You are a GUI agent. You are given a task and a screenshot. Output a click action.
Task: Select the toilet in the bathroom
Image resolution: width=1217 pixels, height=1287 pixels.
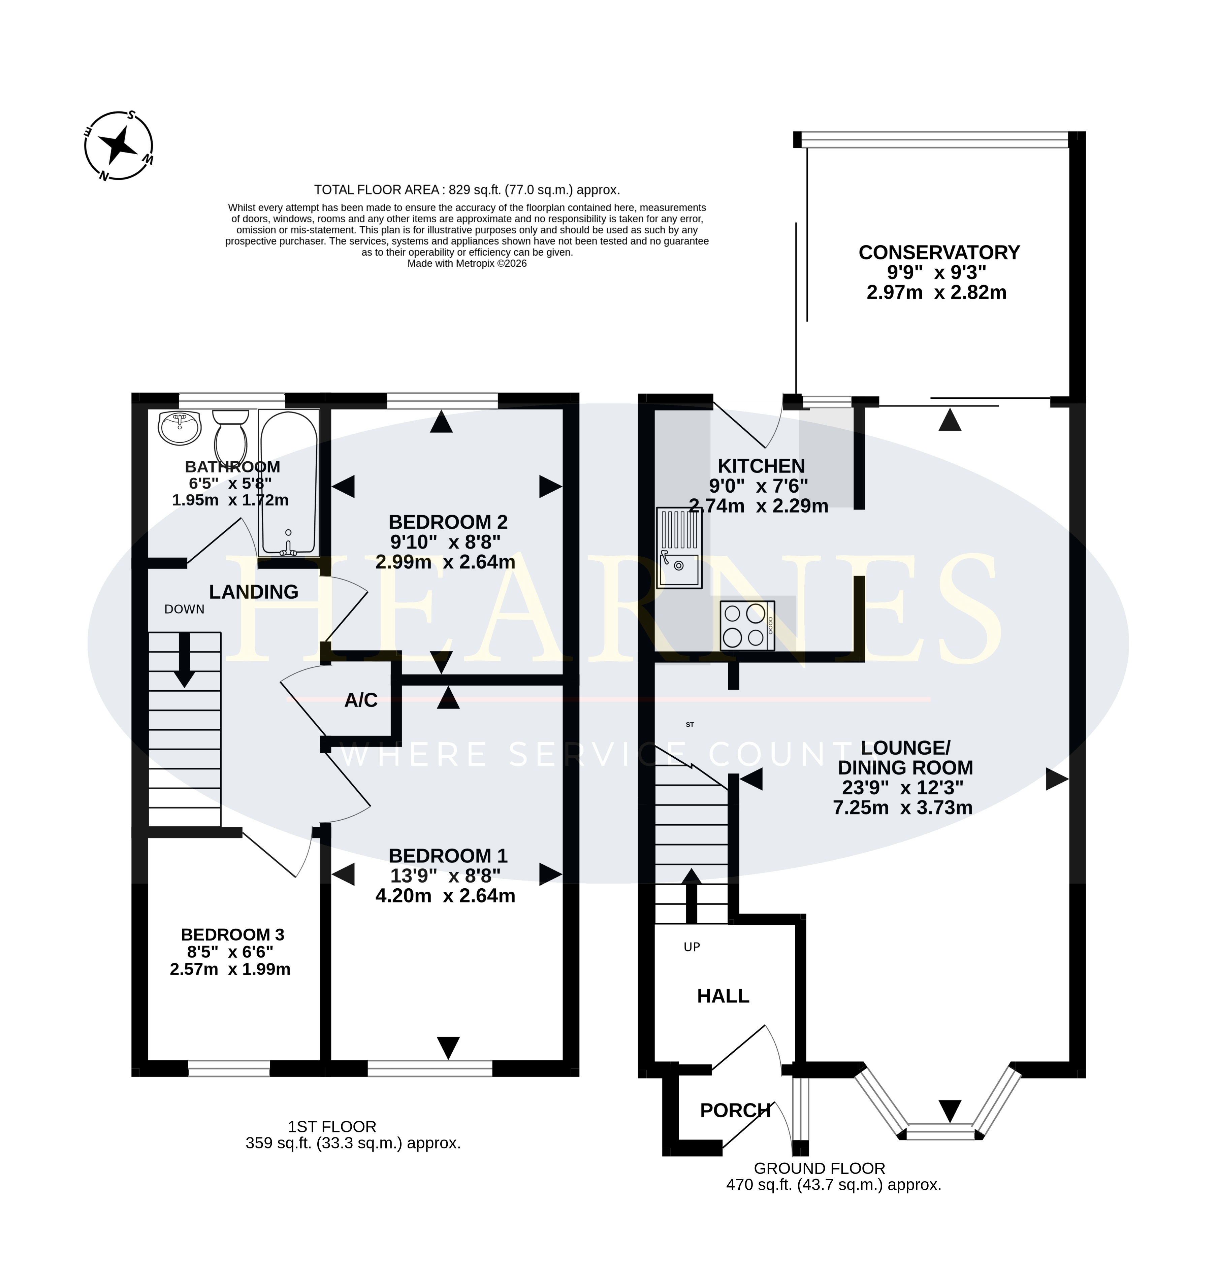point(230,435)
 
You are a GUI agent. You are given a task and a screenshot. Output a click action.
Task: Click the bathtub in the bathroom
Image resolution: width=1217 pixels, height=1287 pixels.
point(289,483)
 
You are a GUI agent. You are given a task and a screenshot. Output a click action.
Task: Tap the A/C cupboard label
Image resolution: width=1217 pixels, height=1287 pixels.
point(361,700)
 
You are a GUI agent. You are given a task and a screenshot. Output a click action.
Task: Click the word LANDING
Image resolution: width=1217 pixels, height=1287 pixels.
point(254,592)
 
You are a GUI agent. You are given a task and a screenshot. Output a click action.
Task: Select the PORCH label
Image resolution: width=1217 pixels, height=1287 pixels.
point(735,1111)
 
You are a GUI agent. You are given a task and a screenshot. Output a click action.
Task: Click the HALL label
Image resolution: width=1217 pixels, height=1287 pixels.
point(723,996)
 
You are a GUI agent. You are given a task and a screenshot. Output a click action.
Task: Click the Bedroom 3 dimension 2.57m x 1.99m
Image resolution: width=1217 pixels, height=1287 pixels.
point(230,969)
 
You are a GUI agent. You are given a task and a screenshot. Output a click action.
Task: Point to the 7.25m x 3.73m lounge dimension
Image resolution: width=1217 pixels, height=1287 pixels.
point(903,808)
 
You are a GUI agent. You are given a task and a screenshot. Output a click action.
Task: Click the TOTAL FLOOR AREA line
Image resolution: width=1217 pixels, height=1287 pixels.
point(467,190)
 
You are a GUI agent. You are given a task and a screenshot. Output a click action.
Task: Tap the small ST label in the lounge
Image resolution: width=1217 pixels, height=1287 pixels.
point(690,724)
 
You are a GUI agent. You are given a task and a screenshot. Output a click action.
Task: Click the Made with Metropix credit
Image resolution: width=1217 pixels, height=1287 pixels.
point(467,264)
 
